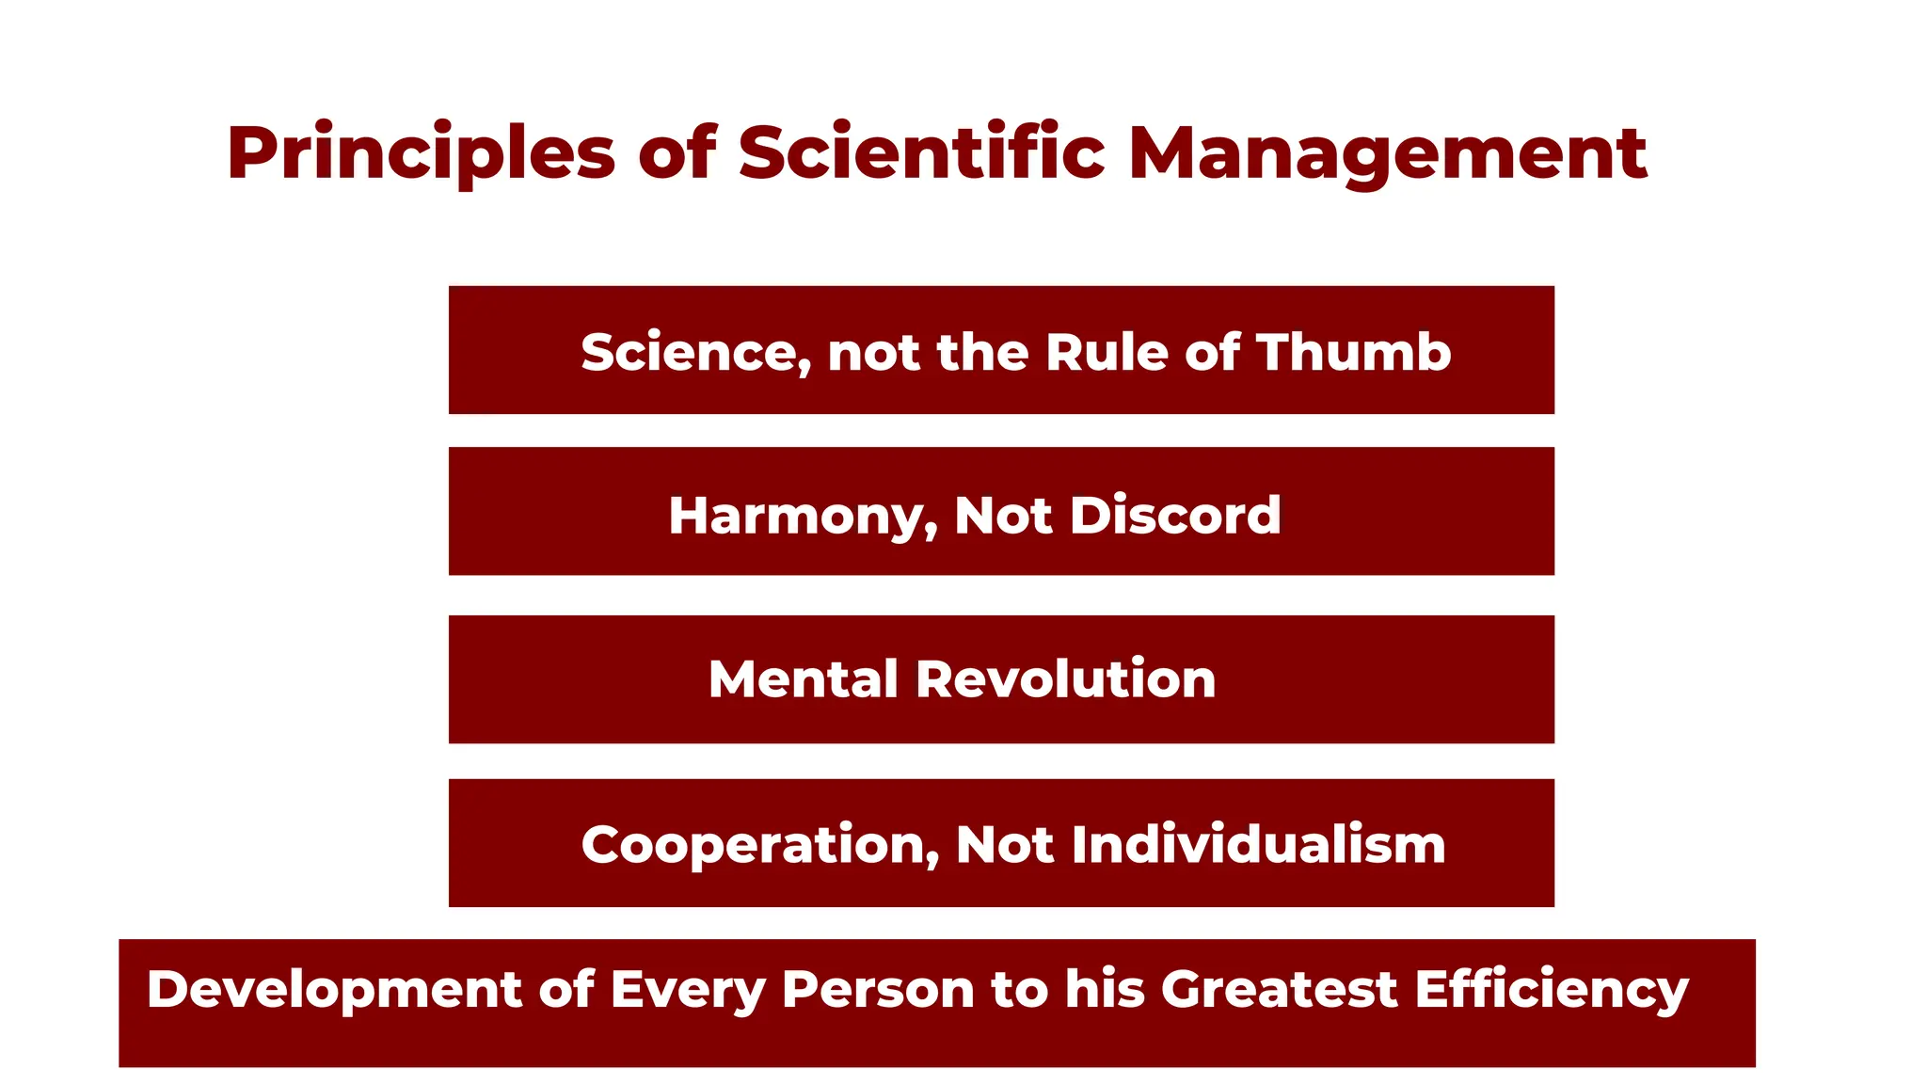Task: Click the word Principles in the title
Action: pos(421,153)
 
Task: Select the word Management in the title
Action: pos(1387,153)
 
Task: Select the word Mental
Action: pos(804,679)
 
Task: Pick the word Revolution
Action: pos(1065,679)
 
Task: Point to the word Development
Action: pos(334,991)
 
